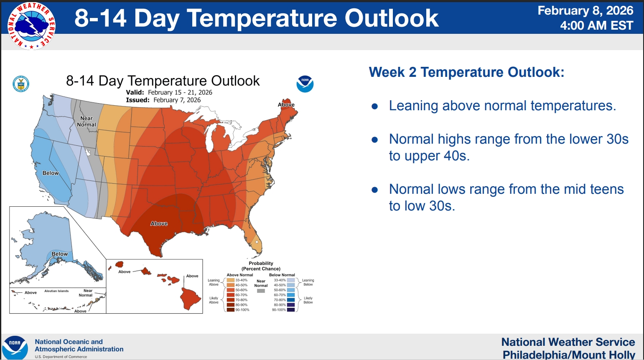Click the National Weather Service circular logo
[32, 26]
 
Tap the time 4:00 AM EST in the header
[596, 25]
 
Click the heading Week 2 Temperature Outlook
[467, 72]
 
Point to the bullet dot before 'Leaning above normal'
[374, 106]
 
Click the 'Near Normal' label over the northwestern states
[86, 122]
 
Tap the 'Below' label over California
[51, 173]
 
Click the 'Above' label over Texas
[159, 223]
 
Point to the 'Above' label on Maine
[286, 104]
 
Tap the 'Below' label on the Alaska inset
[59, 254]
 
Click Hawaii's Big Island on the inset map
[190, 299]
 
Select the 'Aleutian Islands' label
[56, 291]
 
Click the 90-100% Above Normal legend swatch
[231, 310]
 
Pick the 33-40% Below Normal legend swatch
[291, 280]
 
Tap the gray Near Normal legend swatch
[261, 291]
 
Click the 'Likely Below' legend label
[308, 300]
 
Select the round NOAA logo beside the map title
[305, 84]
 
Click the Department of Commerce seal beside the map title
[21, 84]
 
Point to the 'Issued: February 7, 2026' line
[163, 100]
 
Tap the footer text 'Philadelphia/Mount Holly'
[569, 355]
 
